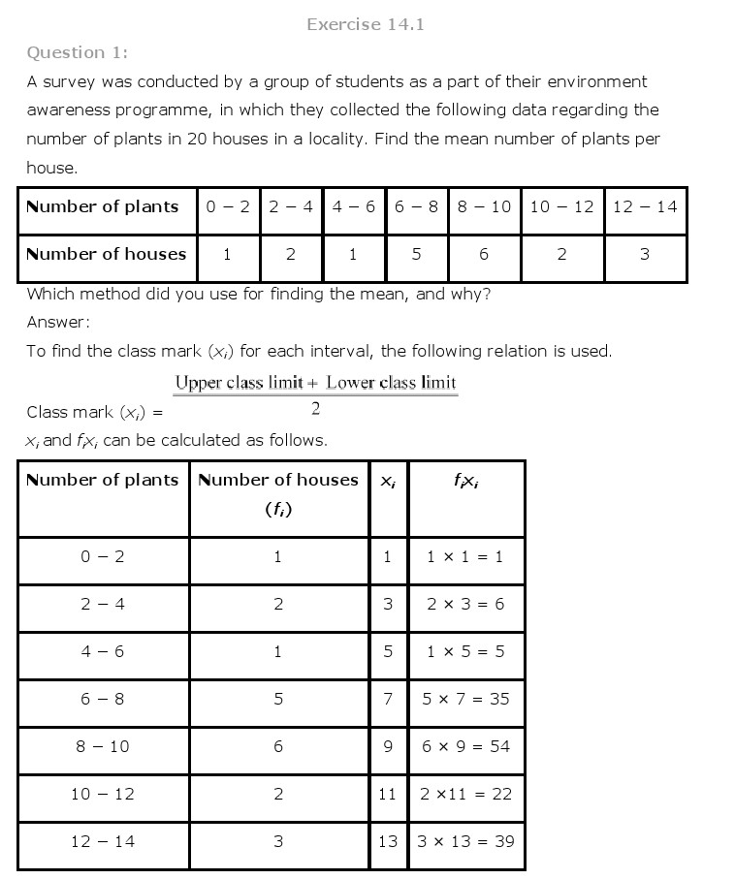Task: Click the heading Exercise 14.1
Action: point(365,24)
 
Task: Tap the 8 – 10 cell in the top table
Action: point(484,206)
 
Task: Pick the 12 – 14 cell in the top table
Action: point(645,206)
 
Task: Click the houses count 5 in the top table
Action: point(416,255)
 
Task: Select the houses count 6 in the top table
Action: point(484,255)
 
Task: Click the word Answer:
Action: point(58,322)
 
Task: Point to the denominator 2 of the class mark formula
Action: point(315,408)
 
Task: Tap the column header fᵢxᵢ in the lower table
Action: point(465,480)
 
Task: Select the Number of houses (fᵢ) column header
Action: point(277,493)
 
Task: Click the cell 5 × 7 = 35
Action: point(465,699)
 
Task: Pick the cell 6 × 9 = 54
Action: point(465,746)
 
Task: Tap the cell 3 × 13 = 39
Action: point(465,841)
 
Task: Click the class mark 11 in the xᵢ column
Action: point(388,794)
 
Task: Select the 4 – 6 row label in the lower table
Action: point(103,651)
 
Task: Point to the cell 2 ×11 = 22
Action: point(465,794)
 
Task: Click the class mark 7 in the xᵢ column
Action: point(388,699)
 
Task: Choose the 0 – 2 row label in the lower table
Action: point(103,556)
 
